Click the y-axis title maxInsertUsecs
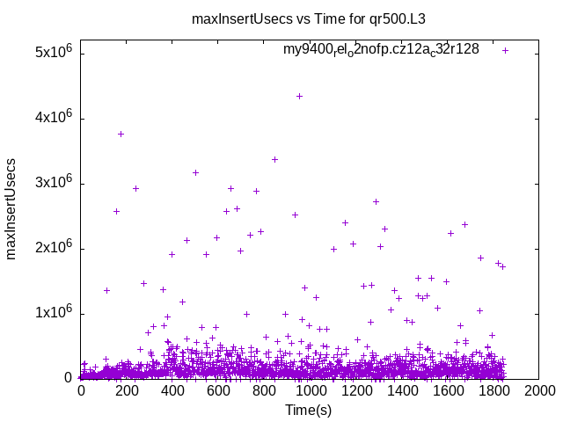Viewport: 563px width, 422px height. [11, 208]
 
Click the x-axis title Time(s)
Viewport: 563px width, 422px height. [308, 410]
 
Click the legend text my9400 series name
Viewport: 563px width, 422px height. [381, 50]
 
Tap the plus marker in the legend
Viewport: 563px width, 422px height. [506, 50]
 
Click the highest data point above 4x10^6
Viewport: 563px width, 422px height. [299, 96]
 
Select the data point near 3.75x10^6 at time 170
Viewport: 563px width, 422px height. [121, 134]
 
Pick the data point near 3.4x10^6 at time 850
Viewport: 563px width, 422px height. [274, 159]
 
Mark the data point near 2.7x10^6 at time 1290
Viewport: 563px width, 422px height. [376, 201]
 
